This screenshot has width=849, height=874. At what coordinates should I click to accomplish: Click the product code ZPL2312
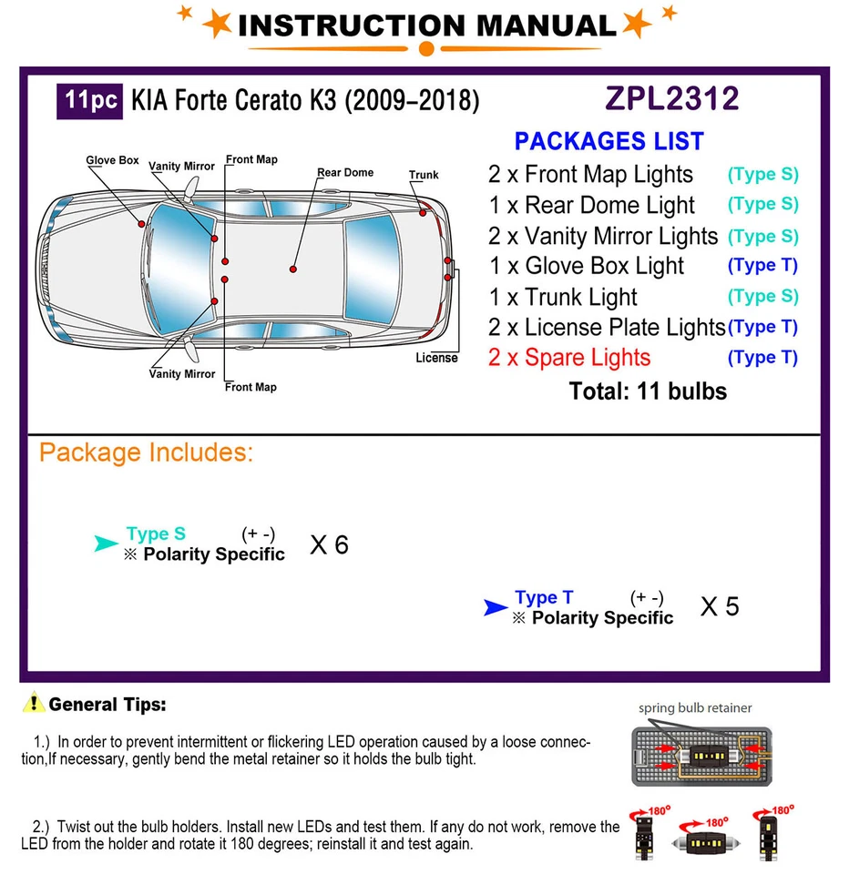click(673, 98)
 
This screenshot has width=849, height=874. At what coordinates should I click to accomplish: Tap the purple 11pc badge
click(90, 99)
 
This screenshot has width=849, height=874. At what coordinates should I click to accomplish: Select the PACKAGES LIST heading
click(609, 142)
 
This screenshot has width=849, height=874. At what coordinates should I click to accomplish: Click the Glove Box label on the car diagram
click(112, 160)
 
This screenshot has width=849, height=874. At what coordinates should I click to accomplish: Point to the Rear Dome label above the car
click(345, 172)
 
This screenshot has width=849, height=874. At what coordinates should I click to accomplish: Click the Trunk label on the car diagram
click(424, 175)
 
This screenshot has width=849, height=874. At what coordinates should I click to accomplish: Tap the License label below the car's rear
click(436, 358)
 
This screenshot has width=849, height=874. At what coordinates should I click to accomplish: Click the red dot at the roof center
click(293, 269)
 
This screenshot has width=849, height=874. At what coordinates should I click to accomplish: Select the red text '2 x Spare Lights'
click(569, 358)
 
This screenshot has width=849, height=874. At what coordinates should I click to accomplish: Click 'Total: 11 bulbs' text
click(648, 391)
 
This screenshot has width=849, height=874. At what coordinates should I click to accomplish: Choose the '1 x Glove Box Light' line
click(586, 266)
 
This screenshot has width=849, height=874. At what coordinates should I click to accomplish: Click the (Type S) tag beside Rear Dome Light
click(762, 205)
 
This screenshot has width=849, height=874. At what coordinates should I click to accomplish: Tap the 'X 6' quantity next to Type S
click(329, 544)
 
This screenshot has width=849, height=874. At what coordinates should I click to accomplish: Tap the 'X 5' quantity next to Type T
click(719, 607)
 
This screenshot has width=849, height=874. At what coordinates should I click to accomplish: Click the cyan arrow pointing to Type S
click(107, 544)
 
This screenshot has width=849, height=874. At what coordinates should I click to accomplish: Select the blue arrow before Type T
click(496, 607)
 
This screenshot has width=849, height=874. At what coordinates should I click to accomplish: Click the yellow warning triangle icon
click(35, 703)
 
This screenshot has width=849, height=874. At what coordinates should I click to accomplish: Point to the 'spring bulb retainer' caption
click(695, 707)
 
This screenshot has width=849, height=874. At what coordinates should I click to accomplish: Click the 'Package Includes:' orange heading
click(146, 452)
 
